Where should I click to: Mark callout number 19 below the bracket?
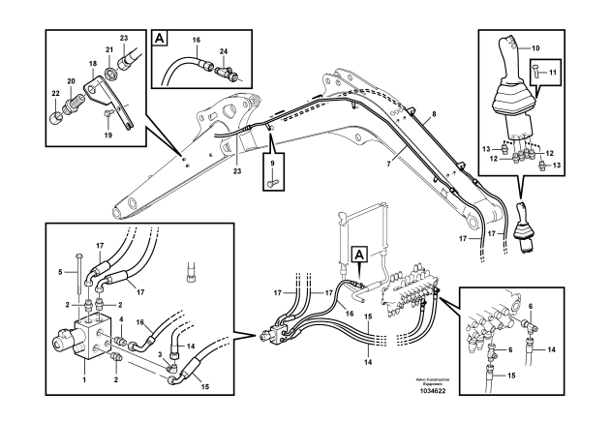click(107, 136)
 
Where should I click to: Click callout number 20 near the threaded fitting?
click(71, 82)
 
